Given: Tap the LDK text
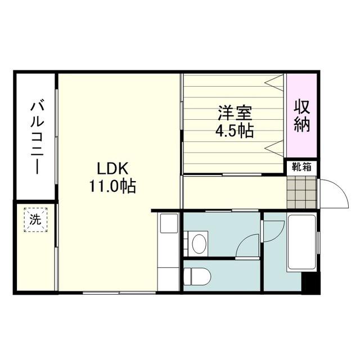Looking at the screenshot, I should (114, 168).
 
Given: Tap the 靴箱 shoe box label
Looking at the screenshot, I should (302, 166).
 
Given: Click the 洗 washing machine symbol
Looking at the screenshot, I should (35, 220).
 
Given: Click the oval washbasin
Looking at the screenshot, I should (199, 244).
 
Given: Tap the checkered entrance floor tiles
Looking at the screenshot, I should (302, 192).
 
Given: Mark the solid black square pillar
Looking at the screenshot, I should (310, 283).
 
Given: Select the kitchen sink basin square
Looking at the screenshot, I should (168, 224).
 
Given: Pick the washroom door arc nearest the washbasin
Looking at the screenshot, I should (247, 246).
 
